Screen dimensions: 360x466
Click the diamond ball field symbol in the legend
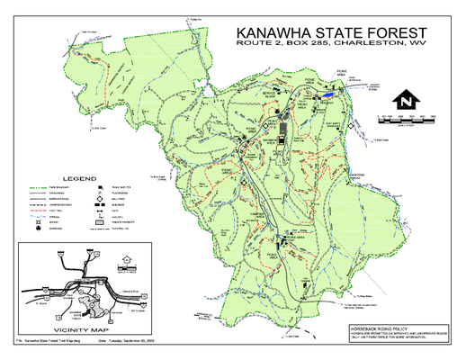click(x=94, y=202)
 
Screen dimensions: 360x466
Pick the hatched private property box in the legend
click(x=94, y=223)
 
